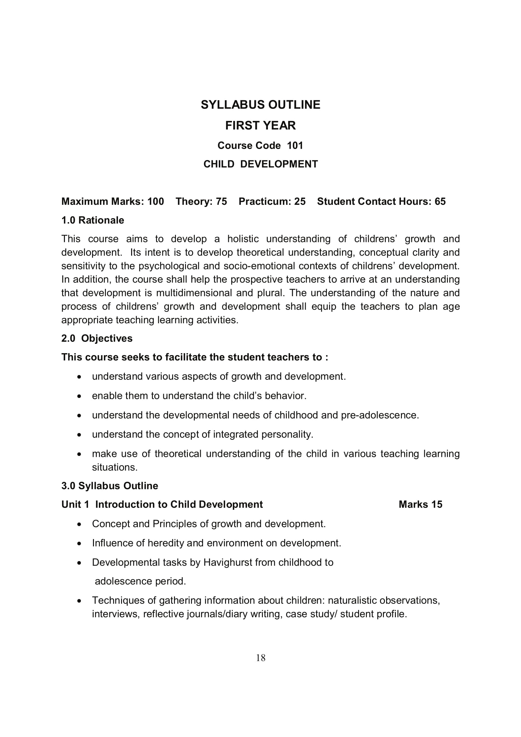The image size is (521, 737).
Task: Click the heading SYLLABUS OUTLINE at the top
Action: click(260, 105)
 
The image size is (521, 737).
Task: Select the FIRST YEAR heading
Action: click(260, 125)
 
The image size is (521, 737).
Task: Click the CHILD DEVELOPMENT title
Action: click(260, 164)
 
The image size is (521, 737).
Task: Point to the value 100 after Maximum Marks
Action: click(156, 201)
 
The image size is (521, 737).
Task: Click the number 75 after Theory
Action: click(222, 201)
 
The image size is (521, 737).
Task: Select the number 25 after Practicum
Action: click(300, 201)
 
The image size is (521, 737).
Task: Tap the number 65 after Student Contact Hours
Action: click(440, 201)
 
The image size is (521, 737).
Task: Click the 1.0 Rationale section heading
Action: click(92, 220)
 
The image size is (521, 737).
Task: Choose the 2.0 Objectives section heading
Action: click(97, 338)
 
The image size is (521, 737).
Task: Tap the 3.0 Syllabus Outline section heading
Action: click(109, 486)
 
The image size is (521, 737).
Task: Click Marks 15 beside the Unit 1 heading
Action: click(420, 504)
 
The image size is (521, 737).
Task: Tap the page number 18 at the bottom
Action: click(261, 658)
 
